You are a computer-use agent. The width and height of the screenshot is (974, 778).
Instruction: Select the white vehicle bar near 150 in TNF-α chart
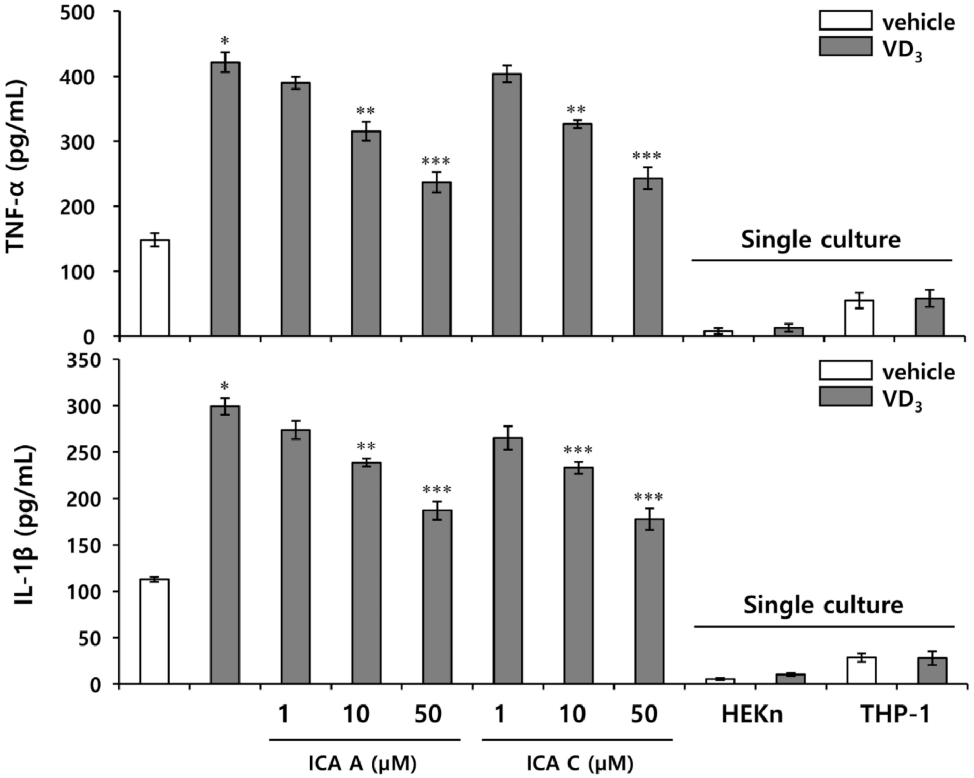(x=155, y=288)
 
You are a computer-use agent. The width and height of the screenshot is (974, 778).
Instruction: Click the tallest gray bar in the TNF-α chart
(x=225, y=199)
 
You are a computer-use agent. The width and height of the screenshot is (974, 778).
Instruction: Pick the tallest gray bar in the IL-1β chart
(x=225, y=545)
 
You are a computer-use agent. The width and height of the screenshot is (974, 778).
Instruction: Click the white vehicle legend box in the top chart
(x=845, y=22)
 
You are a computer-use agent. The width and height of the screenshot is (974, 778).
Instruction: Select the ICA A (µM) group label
(x=363, y=764)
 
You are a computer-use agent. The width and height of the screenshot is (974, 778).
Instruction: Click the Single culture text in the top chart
(x=821, y=240)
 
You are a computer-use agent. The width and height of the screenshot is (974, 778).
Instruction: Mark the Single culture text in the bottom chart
(x=823, y=605)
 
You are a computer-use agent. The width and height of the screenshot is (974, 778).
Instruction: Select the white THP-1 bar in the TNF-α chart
(x=859, y=318)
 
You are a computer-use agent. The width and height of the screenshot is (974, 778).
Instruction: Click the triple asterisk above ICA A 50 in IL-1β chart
(x=437, y=489)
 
